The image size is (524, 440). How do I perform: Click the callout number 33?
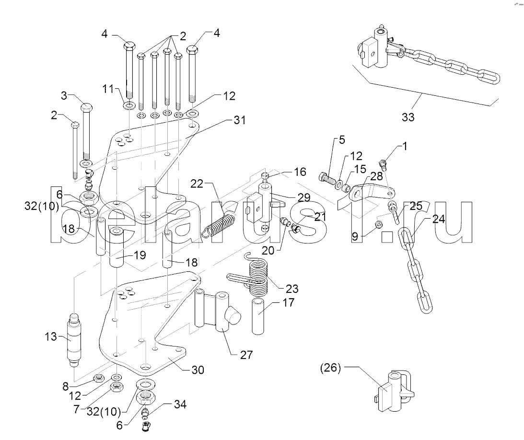pyautogui.click(x=408, y=117)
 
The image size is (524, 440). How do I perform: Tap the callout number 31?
pyautogui.click(x=240, y=120)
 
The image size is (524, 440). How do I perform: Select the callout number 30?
pyautogui.click(x=198, y=370)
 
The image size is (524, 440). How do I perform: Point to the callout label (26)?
pyautogui.click(x=330, y=368)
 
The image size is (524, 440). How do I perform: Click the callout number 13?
pyautogui.click(x=51, y=336)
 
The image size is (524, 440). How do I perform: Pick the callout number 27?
pyautogui.click(x=246, y=355)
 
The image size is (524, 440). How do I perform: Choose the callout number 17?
pyautogui.click(x=288, y=303)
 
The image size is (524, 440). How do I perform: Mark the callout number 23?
pyautogui.click(x=292, y=289)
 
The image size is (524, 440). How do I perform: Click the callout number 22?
pyautogui.click(x=197, y=184)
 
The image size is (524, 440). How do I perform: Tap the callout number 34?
pyautogui.click(x=180, y=405)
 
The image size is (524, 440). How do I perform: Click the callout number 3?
pyautogui.click(x=64, y=95)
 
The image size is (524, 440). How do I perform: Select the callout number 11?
pyautogui.click(x=108, y=89)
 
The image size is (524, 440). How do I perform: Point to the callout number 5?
pyautogui.click(x=341, y=139)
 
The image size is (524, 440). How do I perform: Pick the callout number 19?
pyautogui.click(x=140, y=255)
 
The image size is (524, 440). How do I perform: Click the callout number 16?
pyautogui.click(x=300, y=172)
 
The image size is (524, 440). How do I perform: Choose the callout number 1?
pyautogui.click(x=405, y=146)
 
